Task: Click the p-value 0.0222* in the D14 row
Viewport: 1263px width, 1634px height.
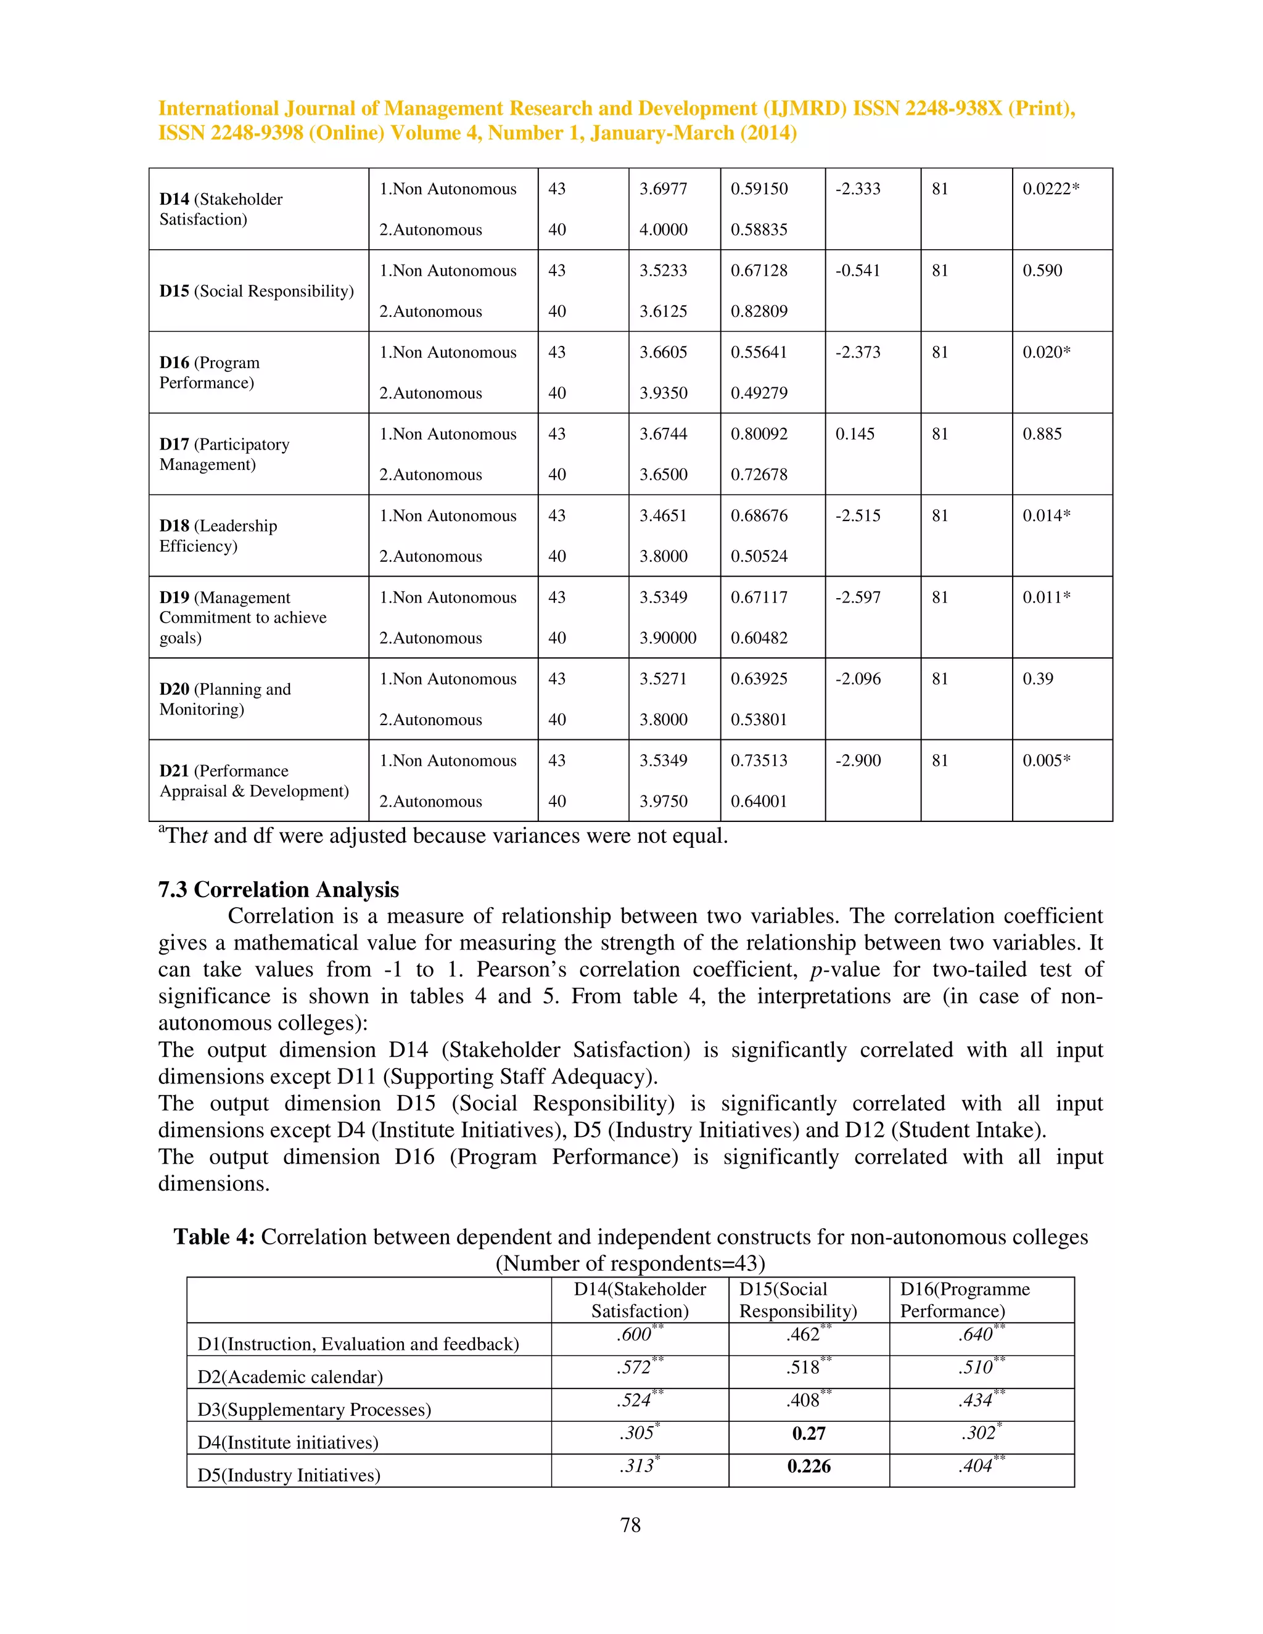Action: (1050, 189)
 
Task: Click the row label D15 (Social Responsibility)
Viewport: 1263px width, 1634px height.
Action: (257, 291)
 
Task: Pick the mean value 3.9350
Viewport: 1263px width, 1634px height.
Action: (663, 393)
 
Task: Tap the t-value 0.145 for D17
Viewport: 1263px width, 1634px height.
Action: (855, 434)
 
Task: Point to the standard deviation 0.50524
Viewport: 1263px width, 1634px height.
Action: (759, 556)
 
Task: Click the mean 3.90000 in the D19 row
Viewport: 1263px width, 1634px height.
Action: (667, 638)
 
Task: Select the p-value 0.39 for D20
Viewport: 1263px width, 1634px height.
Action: (1038, 679)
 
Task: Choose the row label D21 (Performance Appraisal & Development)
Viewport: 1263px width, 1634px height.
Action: (253, 781)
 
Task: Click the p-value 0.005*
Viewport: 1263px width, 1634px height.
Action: (1046, 760)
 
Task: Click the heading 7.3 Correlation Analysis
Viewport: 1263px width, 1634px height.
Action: (278, 890)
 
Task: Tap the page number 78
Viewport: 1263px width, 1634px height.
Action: (631, 1525)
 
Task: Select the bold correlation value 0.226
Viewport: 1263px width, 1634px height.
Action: (809, 1466)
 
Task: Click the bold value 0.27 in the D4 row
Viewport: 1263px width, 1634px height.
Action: (809, 1433)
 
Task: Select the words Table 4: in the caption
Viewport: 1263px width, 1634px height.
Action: (215, 1237)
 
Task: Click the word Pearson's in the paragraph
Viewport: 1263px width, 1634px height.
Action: (520, 970)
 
